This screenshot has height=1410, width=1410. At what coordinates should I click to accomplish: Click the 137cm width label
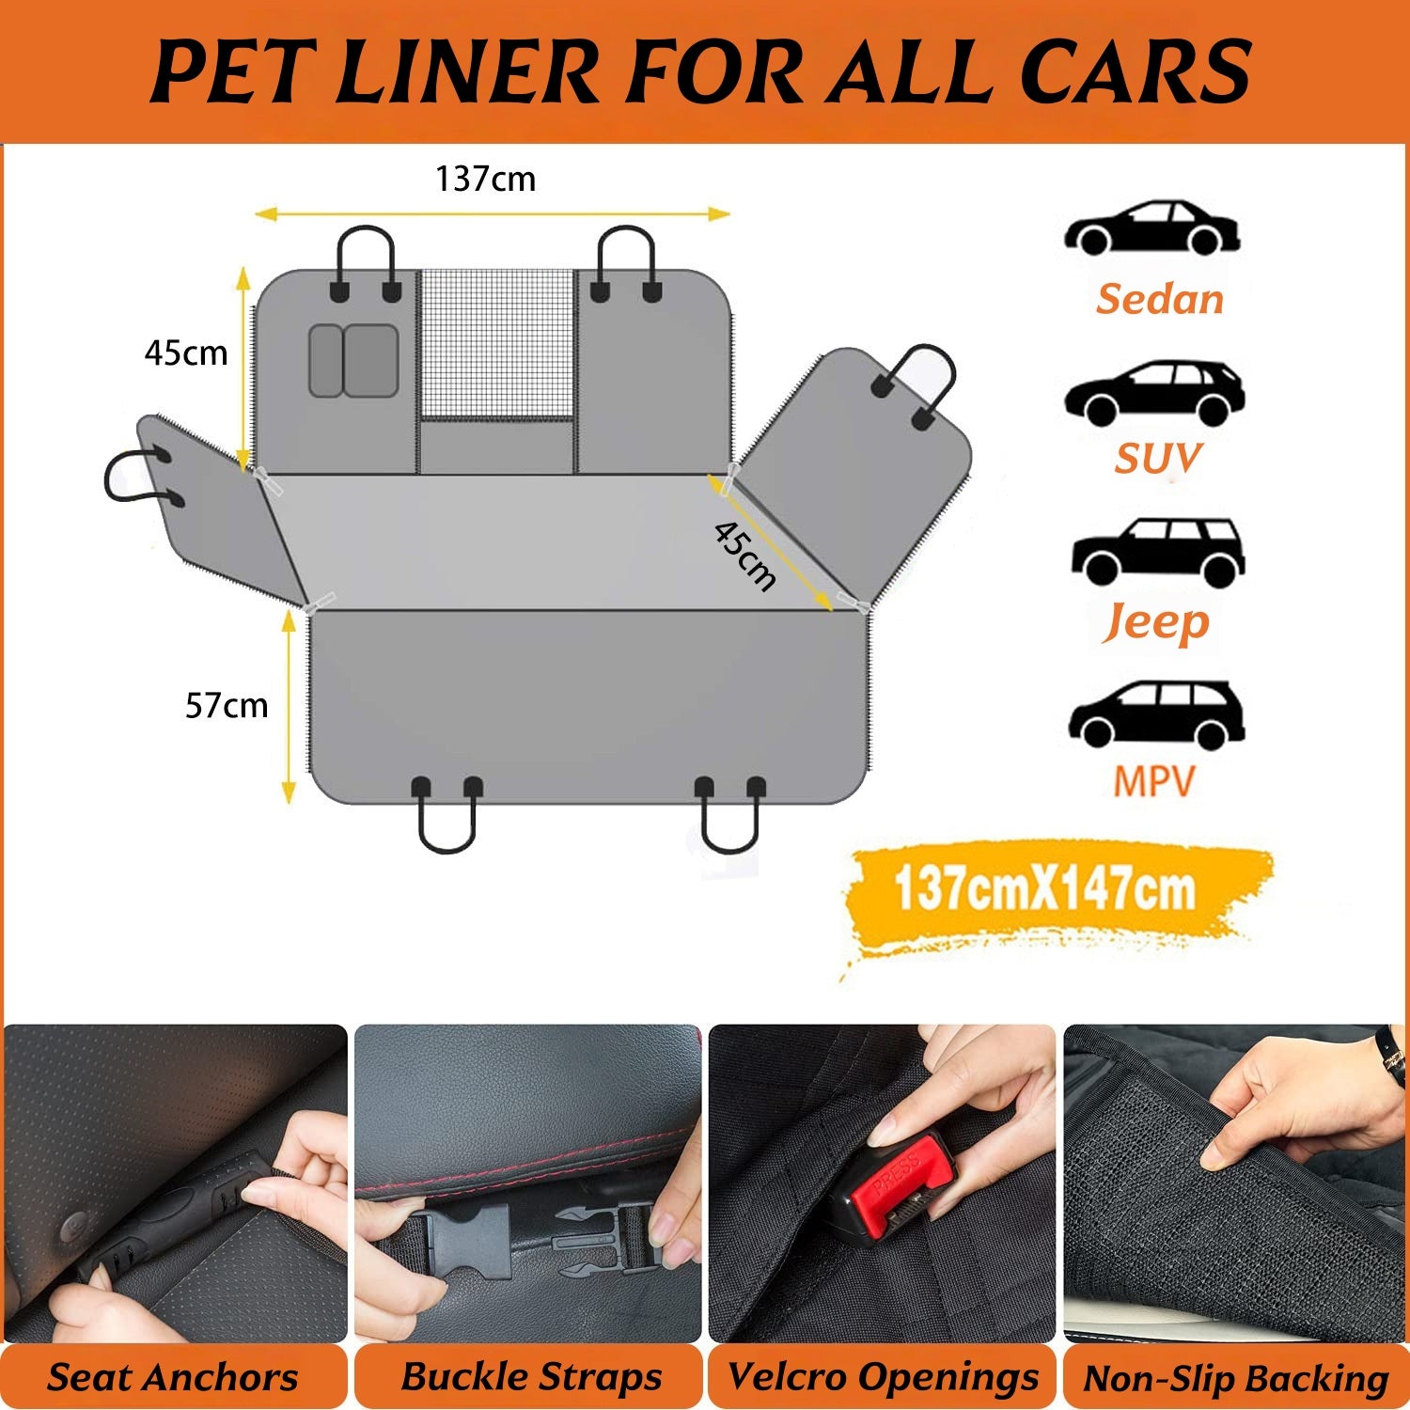tap(485, 179)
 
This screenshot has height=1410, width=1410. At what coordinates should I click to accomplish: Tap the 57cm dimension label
tap(226, 705)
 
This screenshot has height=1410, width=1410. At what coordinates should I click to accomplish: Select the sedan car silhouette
tap(1151, 228)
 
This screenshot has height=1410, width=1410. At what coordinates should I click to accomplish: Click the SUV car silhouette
tap(1154, 392)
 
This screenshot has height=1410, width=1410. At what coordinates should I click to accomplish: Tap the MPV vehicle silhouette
tap(1156, 714)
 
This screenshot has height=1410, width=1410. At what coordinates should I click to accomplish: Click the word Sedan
tap(1159, 299)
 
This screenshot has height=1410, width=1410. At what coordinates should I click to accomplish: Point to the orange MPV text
tap(1153, 781)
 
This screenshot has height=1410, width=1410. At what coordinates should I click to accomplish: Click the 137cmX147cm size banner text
tap(1044, 889)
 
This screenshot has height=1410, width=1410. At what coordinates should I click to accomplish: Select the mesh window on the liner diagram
tap(496, 344)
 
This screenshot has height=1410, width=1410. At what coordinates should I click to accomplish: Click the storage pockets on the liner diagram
tap(353, 361)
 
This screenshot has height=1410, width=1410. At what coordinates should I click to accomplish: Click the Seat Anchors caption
tap(173, 1377)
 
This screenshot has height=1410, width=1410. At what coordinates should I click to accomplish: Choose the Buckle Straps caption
tap(531, 1376)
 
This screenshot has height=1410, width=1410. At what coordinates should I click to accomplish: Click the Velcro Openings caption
tap(883, 1376)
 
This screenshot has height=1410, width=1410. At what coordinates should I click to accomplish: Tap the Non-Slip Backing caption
tap(1235, 1378)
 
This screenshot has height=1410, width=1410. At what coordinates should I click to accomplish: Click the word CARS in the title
tap(1135, 71)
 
